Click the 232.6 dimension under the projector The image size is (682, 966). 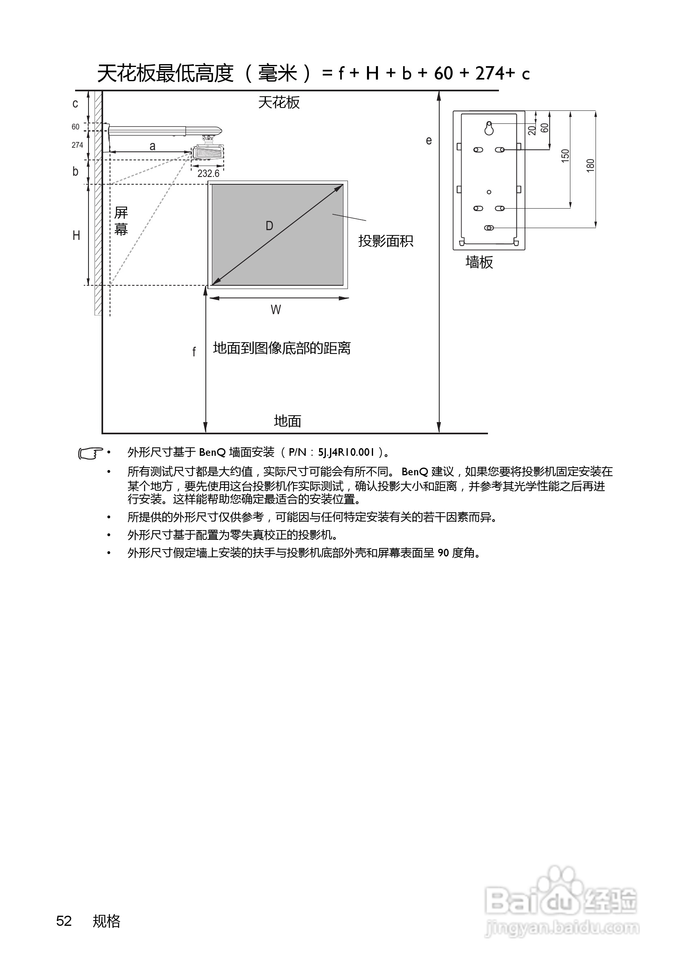[x=208, y=174]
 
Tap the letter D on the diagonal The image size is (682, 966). [x=269, y=226]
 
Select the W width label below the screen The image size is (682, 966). [x=276, y=310]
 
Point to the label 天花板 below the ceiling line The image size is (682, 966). [x=278, y=103]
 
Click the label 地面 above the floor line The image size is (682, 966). [x=287, y=421]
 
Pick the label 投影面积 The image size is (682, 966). [x=385, y=241]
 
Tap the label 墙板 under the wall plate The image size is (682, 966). [x=479, y=263]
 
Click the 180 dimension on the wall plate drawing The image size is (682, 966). [x=590, y=165]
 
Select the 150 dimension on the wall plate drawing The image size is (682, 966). [x=565, y=156]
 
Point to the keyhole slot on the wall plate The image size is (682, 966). [x=489, y=128]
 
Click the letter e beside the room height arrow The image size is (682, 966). [x=429, y=140]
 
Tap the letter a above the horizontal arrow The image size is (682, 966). [x=152, y=147]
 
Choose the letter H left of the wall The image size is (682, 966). [x=76, y=235]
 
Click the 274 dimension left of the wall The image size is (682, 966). [x=78, y=145]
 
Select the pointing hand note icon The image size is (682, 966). [x=91, y=453]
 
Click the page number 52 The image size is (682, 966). [x=64, y=921]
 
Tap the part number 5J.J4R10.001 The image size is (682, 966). [x=346, y=453]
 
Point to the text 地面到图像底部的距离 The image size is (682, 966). [x=281, y=348]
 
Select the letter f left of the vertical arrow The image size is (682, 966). [x=194, y=352]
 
